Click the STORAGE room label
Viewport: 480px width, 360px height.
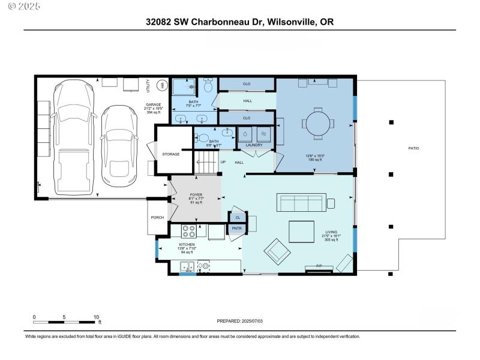pos(170,154)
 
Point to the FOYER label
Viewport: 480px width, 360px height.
pos(196,195)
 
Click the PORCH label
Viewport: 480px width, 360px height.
pos(157,218)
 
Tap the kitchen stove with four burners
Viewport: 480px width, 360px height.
pos(189,232)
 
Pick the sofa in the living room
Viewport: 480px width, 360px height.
pos(301,203)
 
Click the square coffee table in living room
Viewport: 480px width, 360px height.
pos(302,232)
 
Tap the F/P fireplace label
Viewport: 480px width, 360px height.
pos(320,265)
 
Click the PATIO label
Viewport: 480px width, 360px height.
pos(413,148)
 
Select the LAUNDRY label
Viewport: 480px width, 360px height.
pos(255,145)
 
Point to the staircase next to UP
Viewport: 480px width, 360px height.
pos(206,162)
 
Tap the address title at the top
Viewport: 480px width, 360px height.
pos(240,22)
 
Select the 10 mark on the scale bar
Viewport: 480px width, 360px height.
pos(96,317)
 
